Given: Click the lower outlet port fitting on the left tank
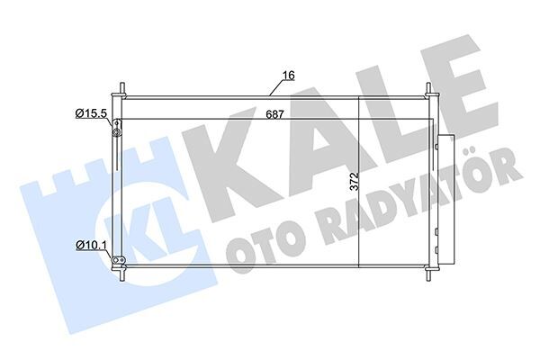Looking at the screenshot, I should point(115,261).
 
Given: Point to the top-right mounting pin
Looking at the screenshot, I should point(429,91).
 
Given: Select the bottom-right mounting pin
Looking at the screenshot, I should point(429,273).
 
